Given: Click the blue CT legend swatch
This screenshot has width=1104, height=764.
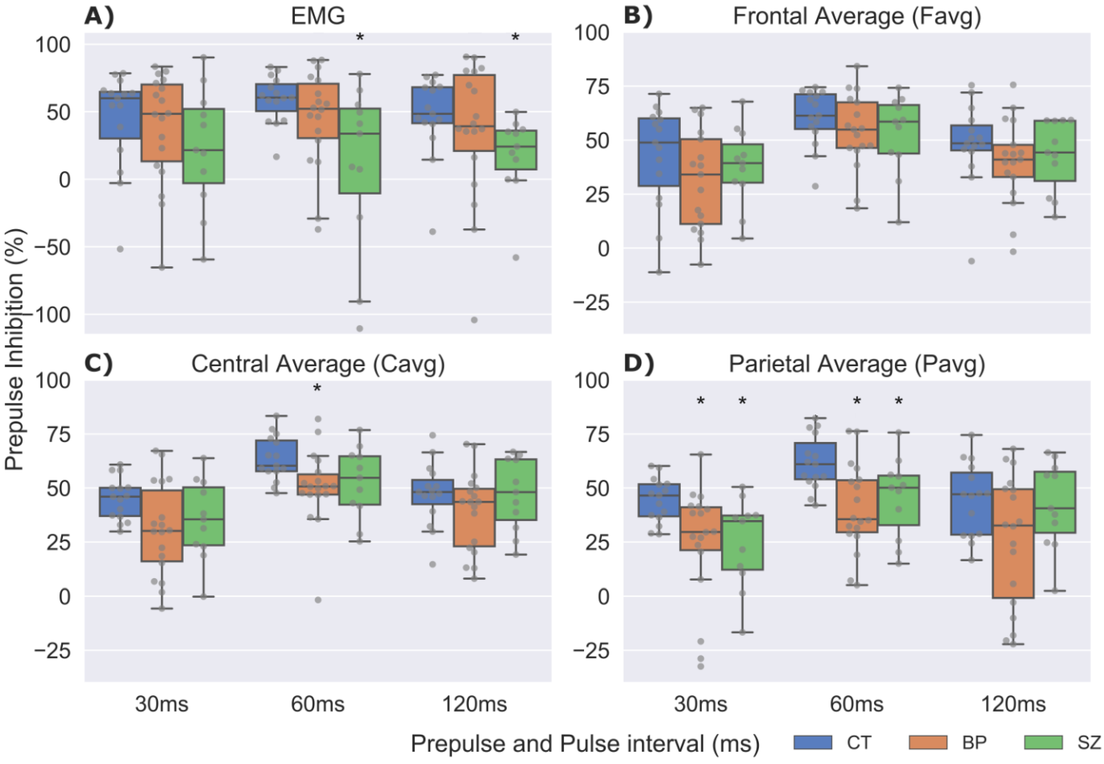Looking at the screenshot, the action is [812, 743].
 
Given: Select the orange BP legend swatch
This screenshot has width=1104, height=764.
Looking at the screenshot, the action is [928, 743].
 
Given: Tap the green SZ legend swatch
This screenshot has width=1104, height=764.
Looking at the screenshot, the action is [1043, 743].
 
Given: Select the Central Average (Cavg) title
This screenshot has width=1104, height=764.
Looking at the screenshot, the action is [318, 364].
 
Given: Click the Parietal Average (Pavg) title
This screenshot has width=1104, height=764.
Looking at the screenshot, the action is [857, 364].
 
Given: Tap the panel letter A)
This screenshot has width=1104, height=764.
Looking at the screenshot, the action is [99, 17].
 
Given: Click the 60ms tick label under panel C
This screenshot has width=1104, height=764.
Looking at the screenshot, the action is [318, 704].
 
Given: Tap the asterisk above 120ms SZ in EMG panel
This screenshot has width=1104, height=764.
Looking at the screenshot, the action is [515, 37].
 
